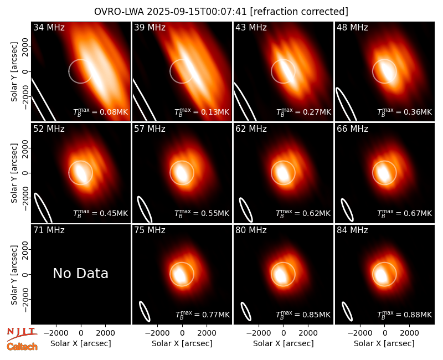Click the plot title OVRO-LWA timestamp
click(x=221, y=12)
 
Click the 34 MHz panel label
click(x=49, y=27)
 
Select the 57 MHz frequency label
click(x=150, y=129)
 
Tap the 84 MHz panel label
click(x=352, y=230)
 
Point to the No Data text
click(x=80, y=273)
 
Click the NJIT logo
click(x=22, y=333)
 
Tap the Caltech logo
click(x=22, y=347)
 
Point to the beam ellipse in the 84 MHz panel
click(x=347, y=312)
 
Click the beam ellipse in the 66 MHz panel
click(x=347, y=210)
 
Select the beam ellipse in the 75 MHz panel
click(x=145, y=311)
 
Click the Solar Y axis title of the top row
click(x=14, y=72)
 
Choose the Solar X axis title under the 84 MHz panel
click(x=384, y=343)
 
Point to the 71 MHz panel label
click(x=49, y=230)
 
